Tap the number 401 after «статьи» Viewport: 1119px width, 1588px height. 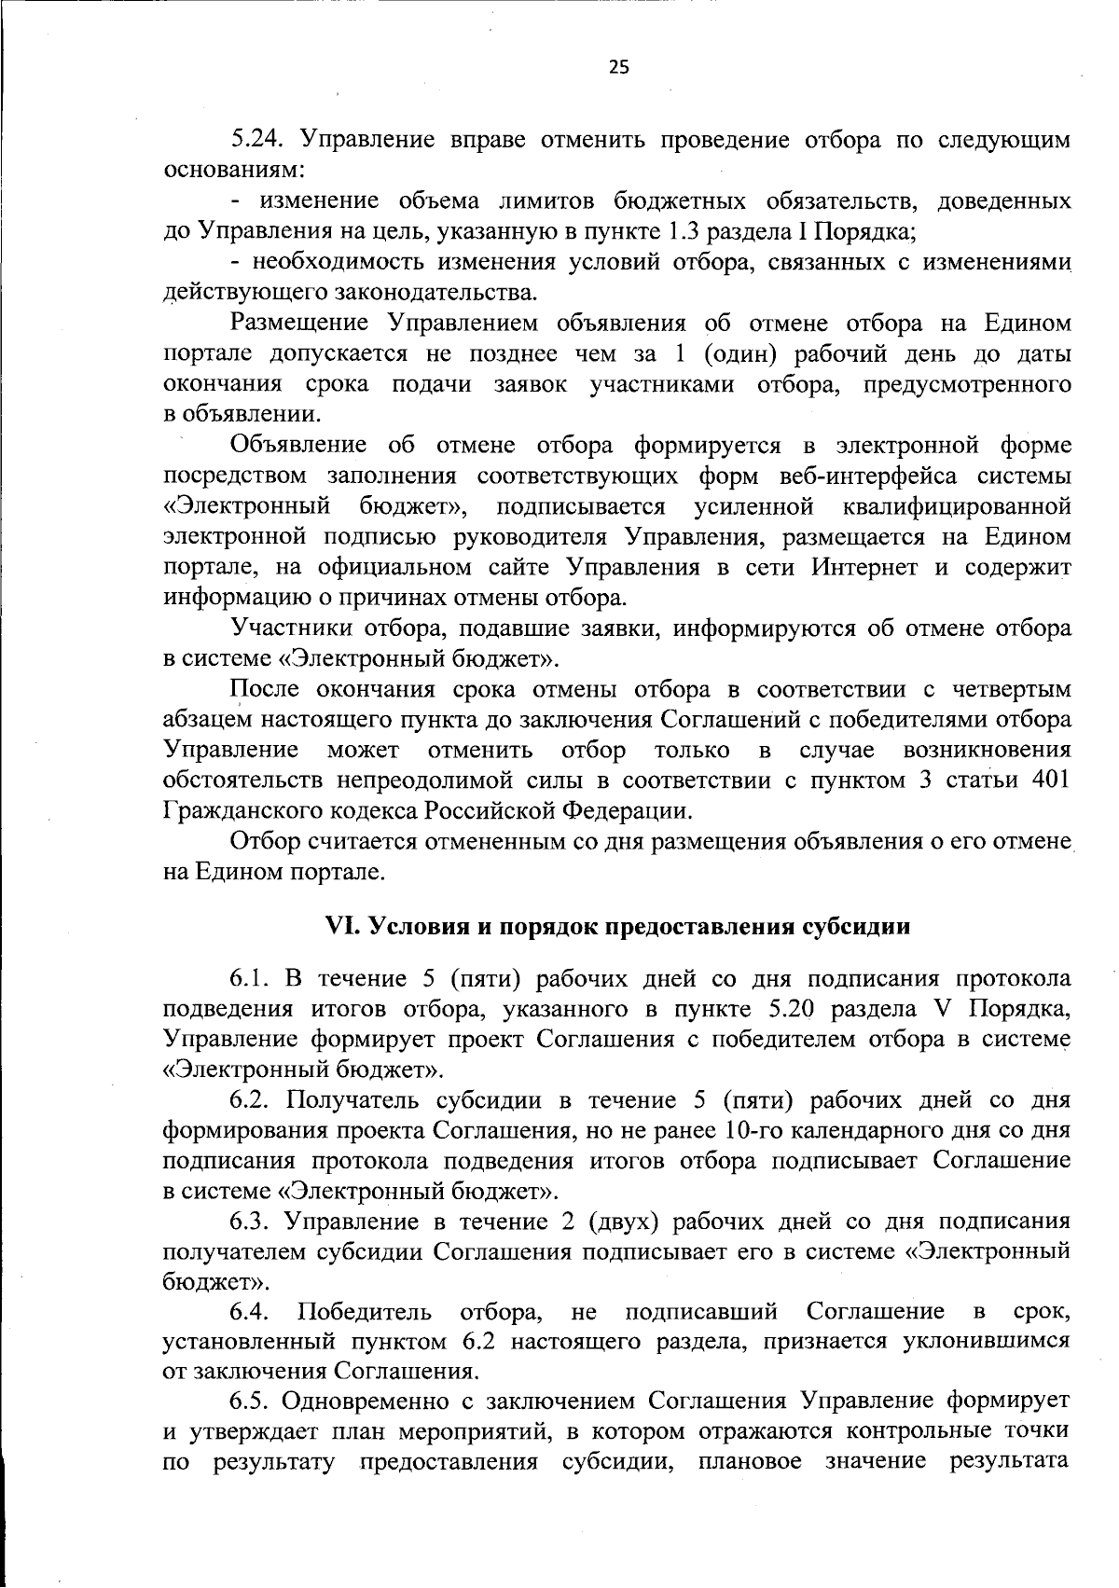click(x=1050, y=780)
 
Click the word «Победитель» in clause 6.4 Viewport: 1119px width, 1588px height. click(x=365, y=1313)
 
